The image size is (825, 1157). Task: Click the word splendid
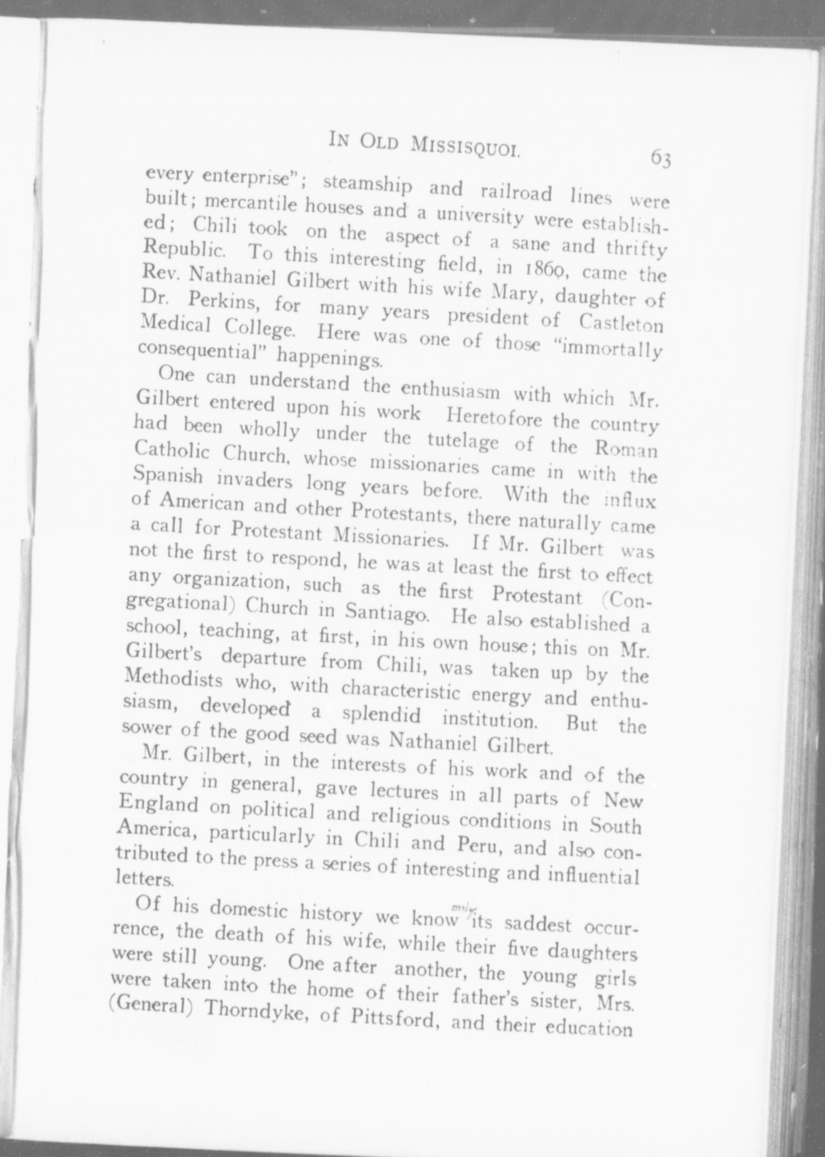pyautogui.click(x=382, y=715)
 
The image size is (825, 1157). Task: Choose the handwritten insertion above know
pyautogui.click(x=457, y=908)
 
